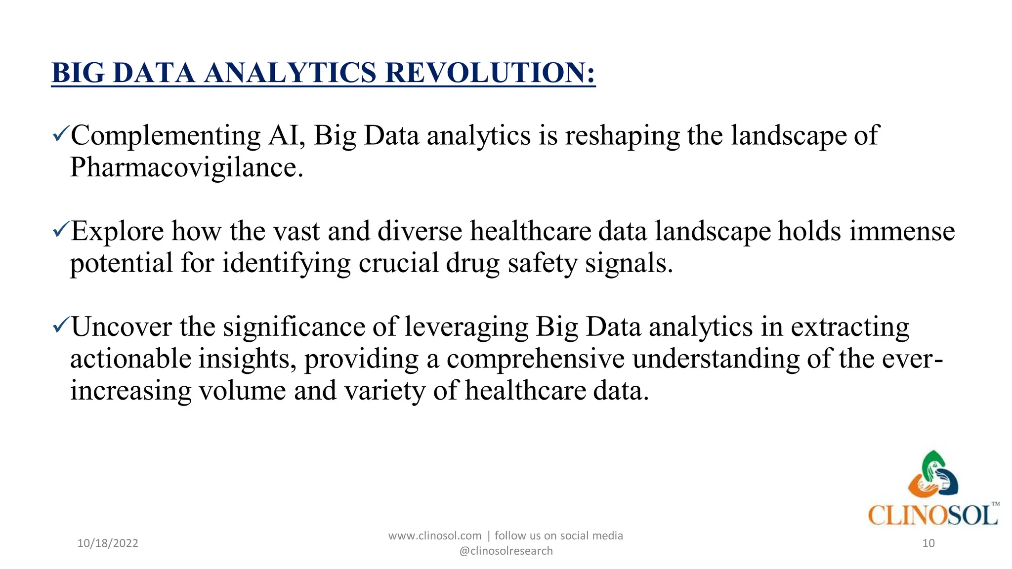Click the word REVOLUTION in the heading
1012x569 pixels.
click(x=490, y=73)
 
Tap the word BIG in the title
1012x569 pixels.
click(x=78, y=73)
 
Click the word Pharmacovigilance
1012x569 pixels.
click(x=186, y=167)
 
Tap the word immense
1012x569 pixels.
click(x=902, y=231)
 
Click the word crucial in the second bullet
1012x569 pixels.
click(x=398, y=263)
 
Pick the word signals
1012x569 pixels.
click(x=629, y=264)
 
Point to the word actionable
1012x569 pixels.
click(x=130, y=359)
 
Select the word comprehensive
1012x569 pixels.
click(x=536, y=359)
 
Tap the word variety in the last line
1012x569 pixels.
click(x=384, y=391)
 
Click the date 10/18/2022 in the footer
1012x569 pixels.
click(x=108, y=543)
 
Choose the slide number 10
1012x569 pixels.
click(x=928, y=543)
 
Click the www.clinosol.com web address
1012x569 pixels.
click(x=435, y=536)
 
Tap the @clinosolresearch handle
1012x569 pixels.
click(x=506, y=551)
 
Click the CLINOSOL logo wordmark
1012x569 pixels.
click(x=933, y=515)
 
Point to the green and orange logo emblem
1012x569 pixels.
click(x=933, y=474)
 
